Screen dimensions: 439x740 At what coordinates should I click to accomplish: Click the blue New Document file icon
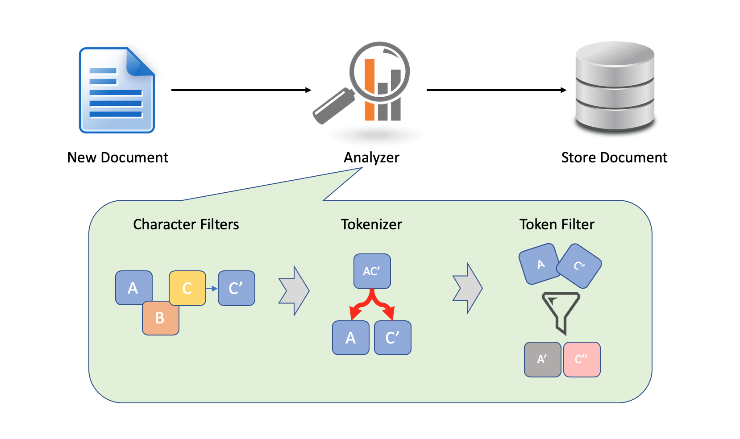[x=117, y=91]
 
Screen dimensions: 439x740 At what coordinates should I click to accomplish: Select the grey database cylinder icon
[x=615, y=88]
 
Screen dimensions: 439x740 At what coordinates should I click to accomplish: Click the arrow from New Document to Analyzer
[x=241, y=90]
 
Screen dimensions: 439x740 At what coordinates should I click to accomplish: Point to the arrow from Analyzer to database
[x=496, y=90]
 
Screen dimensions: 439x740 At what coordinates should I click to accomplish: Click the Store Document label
[x=614, y=157]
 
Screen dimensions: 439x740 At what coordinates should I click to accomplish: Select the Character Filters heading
[x=186, y=224]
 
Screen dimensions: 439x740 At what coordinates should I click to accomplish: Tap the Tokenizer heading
[x=371, y=224]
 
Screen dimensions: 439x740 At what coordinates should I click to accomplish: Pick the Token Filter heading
[x=557, y=224]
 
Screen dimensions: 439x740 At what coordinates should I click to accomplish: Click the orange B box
[x=161, y=319]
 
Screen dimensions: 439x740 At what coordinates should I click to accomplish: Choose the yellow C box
[x=187, y=288]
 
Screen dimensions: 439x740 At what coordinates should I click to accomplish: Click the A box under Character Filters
[x=133, y=287]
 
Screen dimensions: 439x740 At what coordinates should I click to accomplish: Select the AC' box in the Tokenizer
[x=372, y=271]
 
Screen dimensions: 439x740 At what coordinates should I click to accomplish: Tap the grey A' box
[x=542, y=360]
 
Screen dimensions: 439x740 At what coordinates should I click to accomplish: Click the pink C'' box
[x=582, y=360]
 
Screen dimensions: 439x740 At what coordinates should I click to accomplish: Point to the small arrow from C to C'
[x=212, y=289]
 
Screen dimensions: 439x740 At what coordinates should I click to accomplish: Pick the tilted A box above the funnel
[x=539, y=264]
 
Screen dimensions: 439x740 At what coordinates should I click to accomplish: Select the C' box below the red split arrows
[x=392, y=338]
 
